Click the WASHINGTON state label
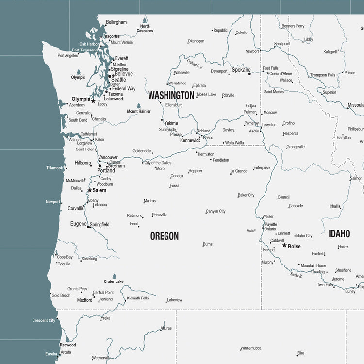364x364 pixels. coord(171,95)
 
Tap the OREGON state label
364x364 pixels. coord(164,236)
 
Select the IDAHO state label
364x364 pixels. coord(339,234)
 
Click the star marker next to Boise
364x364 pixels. coord(284,245)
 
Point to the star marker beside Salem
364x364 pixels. coord(89,190)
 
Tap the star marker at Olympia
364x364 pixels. coord(93,101)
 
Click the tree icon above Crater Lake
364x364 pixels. coord(114,276)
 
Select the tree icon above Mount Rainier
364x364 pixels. coord(139,106)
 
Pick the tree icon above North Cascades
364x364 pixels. coord(145,21)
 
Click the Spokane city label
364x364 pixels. coord(241,70)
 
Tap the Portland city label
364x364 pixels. coord(106,171)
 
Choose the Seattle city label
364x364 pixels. coord(118,80)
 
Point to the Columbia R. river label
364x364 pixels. coord(194,64)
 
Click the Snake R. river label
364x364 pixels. coord(296,275)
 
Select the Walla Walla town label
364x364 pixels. coord(234,143)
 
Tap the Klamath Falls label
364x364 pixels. coord(137,298)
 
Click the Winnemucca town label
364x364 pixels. coord(250,348)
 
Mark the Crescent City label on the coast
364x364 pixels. coord(44,320)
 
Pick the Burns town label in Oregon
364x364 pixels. coord(208,244)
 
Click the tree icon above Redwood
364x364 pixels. coord(67,339)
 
